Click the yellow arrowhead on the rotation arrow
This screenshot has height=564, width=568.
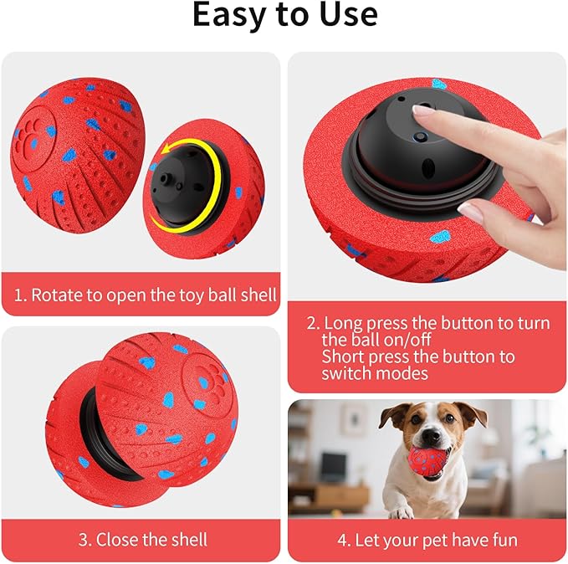166,149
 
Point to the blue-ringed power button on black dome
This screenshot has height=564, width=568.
421,137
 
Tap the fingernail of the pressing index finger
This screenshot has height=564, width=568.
422,110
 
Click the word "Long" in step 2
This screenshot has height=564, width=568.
343,323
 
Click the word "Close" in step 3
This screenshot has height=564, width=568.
116,540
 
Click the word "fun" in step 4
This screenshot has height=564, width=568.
505,540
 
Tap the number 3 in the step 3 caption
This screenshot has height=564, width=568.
83,540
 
